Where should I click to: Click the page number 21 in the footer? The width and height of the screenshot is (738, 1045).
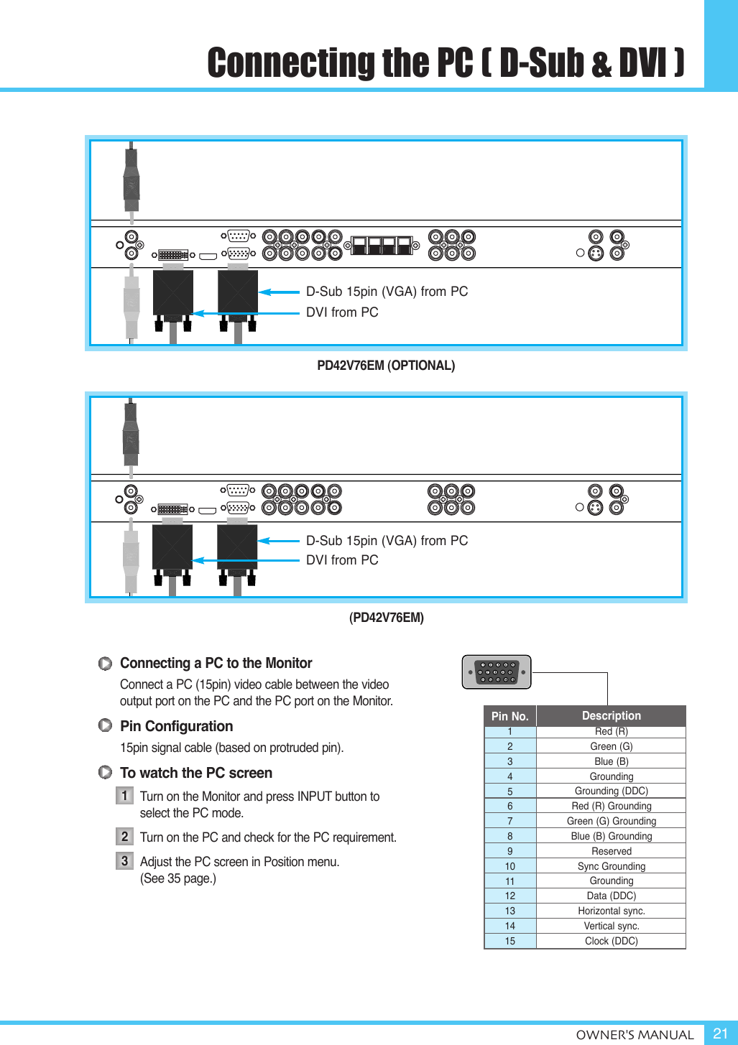(x=720, y=1034)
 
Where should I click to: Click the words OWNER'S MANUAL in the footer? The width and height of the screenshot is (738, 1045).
(x=635, y=1035)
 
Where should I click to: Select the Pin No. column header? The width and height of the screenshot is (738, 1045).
(x=509, y=716)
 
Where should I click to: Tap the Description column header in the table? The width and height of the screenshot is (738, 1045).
(x=611, y=715)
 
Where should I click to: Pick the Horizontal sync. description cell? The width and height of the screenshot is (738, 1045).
(x=611, y=911)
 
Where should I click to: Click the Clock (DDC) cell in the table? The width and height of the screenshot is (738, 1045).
(x=611, y=941)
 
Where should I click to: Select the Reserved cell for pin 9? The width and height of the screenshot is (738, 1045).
(x=611, y=851)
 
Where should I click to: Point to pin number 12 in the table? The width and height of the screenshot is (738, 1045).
(x=509, y=896)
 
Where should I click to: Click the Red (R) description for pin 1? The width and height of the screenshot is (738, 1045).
(x=611, y=731)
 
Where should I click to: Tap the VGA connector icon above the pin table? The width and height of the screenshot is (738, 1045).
(x=497, y=672)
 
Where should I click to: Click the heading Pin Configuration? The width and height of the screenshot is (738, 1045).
(x=176, y=726)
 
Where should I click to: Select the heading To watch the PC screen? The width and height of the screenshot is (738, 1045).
(x=195, y=773)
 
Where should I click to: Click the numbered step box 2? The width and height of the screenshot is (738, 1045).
(x=124, y=837)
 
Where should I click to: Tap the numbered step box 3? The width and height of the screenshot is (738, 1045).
(x=124, y=861)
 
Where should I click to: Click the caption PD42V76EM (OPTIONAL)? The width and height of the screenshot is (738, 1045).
(x=386, y=366)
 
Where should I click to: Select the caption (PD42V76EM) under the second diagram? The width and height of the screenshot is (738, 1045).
(x=386, y=618)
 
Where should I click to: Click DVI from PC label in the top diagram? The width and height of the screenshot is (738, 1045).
(x=342, y=312)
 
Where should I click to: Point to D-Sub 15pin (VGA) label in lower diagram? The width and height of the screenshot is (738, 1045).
(x=387, y=541)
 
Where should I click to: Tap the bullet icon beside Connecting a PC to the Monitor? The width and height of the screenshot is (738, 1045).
(x=105, y=664)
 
